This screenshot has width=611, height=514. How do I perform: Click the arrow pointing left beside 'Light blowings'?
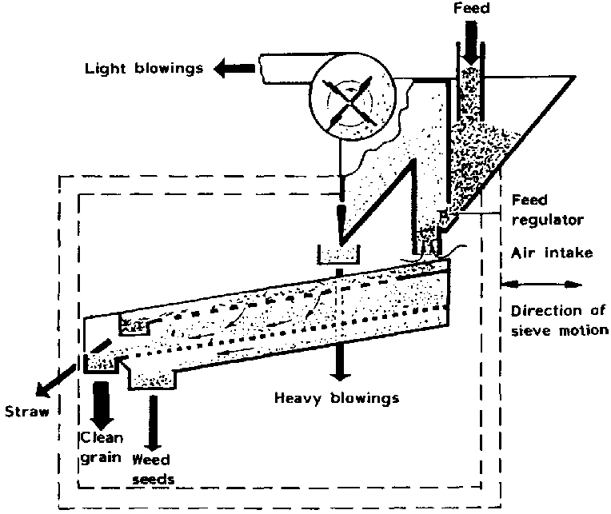(x=231, y=69)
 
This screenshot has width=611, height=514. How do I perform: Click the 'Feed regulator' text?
(x=535, y=209)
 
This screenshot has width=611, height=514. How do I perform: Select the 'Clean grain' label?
(x=101, y=448)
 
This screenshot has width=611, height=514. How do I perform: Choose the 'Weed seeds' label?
(x=153, y=470)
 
